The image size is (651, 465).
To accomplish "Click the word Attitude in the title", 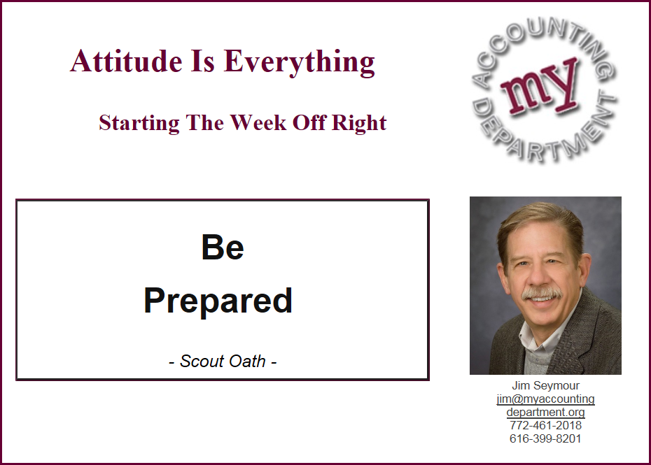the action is (126, 62).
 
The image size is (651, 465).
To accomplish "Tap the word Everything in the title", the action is (300, 63).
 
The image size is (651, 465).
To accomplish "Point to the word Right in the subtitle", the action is (359, 123).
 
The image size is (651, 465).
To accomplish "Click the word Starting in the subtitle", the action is (139, 123).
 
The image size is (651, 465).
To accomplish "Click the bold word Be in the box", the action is (223, 247).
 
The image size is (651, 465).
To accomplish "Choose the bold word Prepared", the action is (218, 301).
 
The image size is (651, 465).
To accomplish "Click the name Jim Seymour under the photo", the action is (545, 385).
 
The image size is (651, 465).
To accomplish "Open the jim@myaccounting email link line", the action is (545, 399).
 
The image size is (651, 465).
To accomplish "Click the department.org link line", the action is (545, 413).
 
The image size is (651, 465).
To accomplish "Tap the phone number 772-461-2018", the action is (545, 425).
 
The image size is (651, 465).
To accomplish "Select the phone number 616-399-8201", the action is (545, 438).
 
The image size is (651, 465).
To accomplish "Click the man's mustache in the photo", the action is (542, 294).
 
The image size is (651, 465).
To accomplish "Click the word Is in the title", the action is (202, 62).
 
